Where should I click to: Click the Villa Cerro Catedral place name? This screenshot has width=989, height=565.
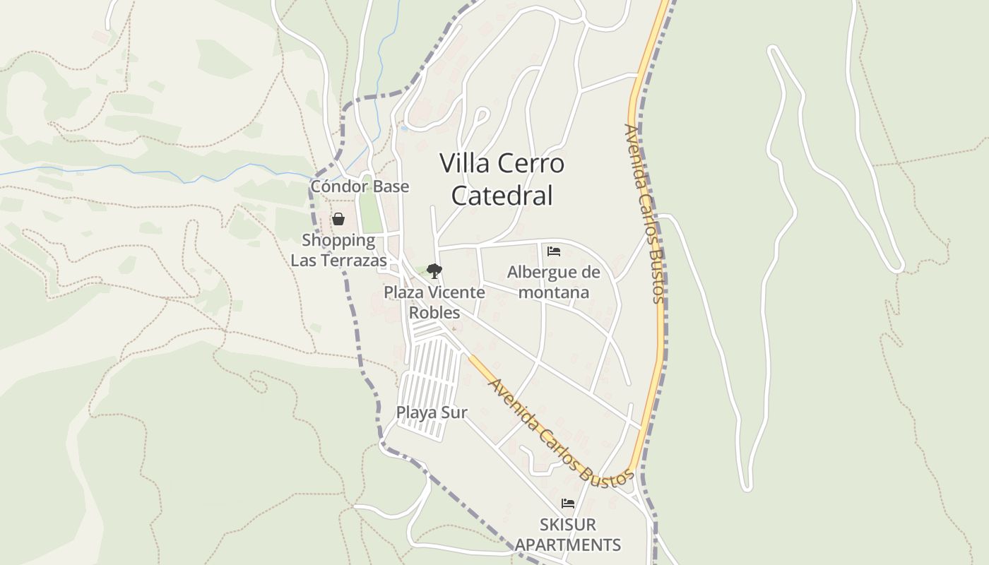(502, 179)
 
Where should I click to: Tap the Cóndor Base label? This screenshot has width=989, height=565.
(360, 186)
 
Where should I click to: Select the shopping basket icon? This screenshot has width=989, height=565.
(338, 219)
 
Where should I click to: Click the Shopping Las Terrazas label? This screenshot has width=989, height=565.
(338, 250)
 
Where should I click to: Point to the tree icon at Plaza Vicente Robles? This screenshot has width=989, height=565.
(434, 270)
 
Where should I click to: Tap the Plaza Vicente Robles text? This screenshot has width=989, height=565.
(434, 302)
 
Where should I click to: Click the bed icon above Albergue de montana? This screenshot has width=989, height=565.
(554, 251)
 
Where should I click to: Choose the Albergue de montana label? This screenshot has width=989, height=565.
(554, 282)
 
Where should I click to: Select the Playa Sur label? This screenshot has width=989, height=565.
(432, 412)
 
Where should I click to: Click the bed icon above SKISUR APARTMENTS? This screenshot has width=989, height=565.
(568, 504)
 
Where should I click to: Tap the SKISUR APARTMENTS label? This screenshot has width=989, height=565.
(568, 535)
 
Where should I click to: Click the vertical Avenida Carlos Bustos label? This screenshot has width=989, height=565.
(644, 213)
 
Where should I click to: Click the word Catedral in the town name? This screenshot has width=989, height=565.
(502, 196)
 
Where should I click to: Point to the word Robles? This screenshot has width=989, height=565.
(434, 312)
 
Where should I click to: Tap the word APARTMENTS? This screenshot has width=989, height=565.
(568, 545)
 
